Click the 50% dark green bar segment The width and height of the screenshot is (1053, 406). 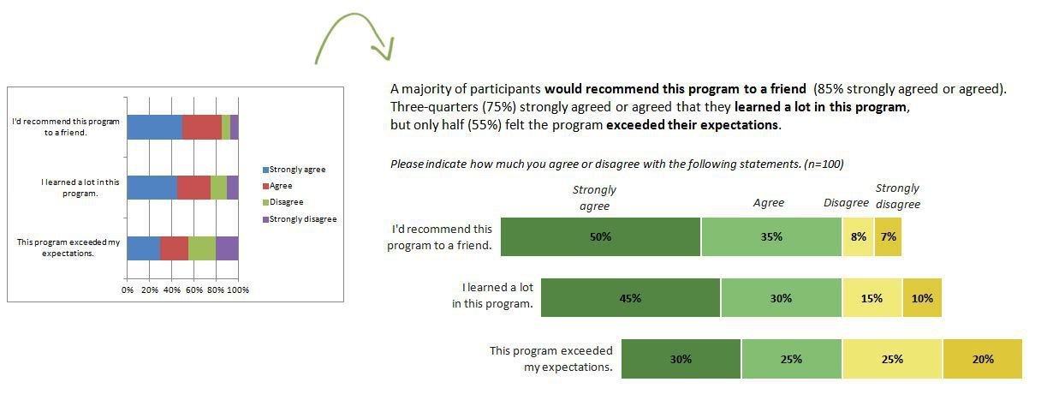600,237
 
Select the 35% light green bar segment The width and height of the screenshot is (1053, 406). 771,237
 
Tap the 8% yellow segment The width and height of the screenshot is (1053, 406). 858,237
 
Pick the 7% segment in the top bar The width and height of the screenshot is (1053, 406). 888,237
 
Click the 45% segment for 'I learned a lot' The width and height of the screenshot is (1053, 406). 631,299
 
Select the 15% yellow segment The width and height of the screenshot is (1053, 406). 872,299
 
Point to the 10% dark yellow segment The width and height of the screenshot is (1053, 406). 922,299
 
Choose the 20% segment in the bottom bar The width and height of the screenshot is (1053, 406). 983,360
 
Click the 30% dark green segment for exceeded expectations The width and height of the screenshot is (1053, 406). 681,360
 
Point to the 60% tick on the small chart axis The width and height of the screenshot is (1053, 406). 193,290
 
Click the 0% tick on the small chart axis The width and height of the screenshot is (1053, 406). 128,290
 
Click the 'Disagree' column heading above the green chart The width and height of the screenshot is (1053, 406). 845,203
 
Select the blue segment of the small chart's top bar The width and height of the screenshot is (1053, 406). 154,127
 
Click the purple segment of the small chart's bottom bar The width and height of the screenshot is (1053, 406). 227,248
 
